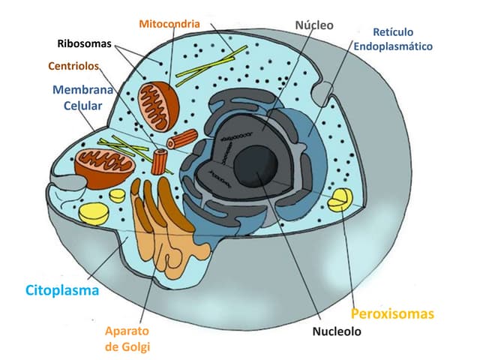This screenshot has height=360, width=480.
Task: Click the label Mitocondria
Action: pos(169,23)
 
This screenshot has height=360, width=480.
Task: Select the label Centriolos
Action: pos(73,66)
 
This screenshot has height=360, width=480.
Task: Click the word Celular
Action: pos(82,106)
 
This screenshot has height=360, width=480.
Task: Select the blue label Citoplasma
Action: pos(62,290)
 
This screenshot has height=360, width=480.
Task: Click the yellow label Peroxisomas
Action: pos(392,313)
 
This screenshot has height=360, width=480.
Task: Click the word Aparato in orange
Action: pos(127,331)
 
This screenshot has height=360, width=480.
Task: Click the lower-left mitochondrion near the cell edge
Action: pos(104,160)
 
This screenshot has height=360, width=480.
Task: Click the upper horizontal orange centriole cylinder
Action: pos(182,139)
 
